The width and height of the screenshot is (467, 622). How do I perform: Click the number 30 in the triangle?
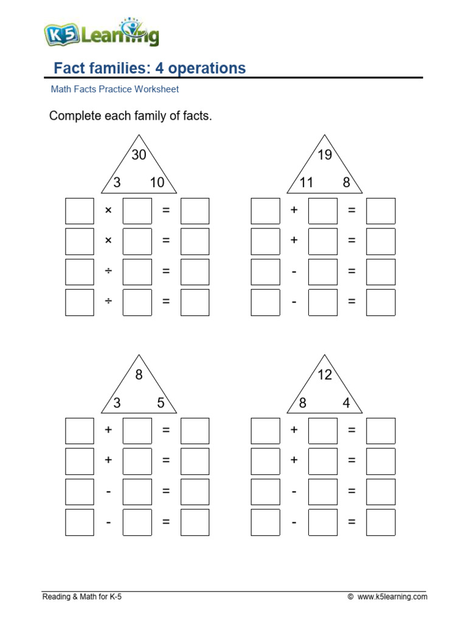click(139, 155)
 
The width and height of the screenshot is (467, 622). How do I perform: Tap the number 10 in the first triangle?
click(157, 182)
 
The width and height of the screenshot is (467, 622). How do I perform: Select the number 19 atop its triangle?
click(325, 155)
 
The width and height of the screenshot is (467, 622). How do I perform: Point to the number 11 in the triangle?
click(306, 182)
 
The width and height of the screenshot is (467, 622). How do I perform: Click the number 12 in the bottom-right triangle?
click(325, 375)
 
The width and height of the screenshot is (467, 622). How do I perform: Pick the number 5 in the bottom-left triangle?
click(161, 402)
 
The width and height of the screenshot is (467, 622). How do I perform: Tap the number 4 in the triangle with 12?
click(346, 402)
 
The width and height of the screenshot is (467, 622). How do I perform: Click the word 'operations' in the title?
click(207, 68)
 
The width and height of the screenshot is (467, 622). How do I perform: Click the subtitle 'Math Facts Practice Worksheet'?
click(114, 89)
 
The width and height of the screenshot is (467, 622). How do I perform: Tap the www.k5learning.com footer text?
click(392, 597)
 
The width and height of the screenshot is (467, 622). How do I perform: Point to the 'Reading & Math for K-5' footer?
click(82, 597)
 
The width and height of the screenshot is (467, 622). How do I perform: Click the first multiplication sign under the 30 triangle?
click(108, 211)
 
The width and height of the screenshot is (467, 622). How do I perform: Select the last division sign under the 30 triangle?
click(108, 302)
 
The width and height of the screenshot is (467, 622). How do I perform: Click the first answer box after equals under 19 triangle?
click(381, 211)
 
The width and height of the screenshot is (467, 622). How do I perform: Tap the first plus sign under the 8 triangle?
click(108, 430)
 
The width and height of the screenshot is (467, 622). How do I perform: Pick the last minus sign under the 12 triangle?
click(294, 522)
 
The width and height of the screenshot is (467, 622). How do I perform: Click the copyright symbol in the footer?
click(350, 598)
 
